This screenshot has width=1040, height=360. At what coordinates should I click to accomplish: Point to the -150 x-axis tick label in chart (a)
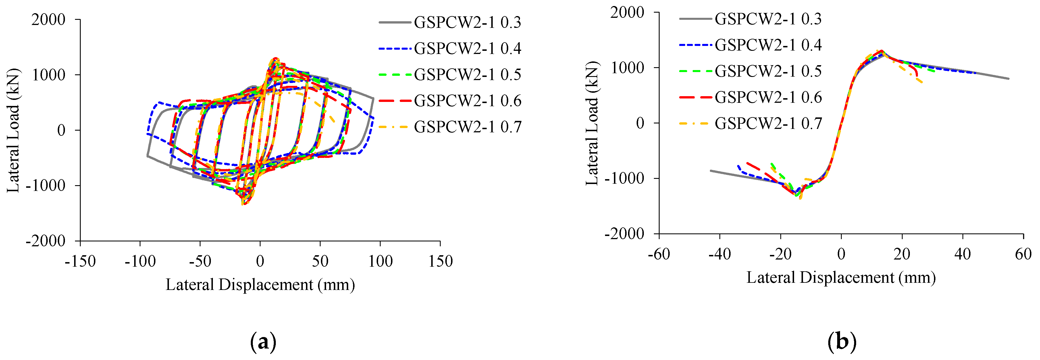pyautogui.click(x=80, y=262)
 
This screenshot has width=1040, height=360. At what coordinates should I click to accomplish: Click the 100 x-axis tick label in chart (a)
pyautogui.click(x=380, y=262)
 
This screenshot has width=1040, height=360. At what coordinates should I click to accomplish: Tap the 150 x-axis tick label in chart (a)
pyautogui.click(x=440, y=262)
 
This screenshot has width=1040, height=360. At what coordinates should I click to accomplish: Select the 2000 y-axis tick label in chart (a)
pyautogui.click(x=49, y=19)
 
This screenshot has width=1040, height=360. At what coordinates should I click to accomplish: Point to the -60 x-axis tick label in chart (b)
pyautogui.click(x=659, y=254)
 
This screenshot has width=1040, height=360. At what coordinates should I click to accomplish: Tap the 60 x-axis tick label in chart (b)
pyautogui.click(x=1023, y=254)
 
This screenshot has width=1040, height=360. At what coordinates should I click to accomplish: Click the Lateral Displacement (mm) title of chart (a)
pyautogui.click(x=260, y=285)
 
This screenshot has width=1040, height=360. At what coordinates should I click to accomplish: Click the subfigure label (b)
pyautogui.click(x=841, y=342)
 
